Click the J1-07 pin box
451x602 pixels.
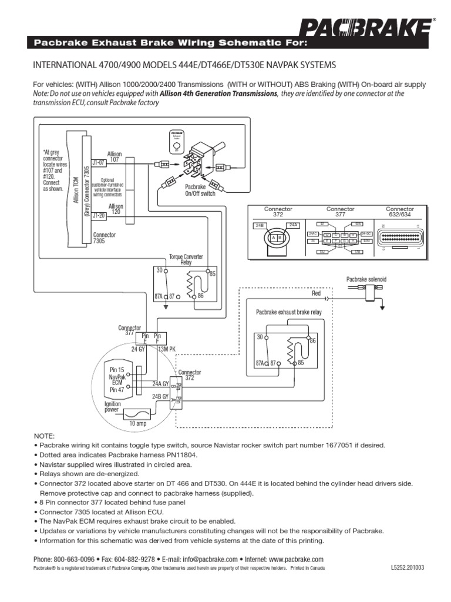98,162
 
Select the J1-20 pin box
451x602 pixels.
98,215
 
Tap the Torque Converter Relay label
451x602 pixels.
184,259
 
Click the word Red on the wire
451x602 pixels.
317,292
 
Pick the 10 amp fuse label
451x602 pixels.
136,423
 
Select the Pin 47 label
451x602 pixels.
117,389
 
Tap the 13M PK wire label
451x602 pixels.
167,349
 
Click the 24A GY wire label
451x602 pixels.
160,383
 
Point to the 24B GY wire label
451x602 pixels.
160,397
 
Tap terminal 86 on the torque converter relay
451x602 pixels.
201,296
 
